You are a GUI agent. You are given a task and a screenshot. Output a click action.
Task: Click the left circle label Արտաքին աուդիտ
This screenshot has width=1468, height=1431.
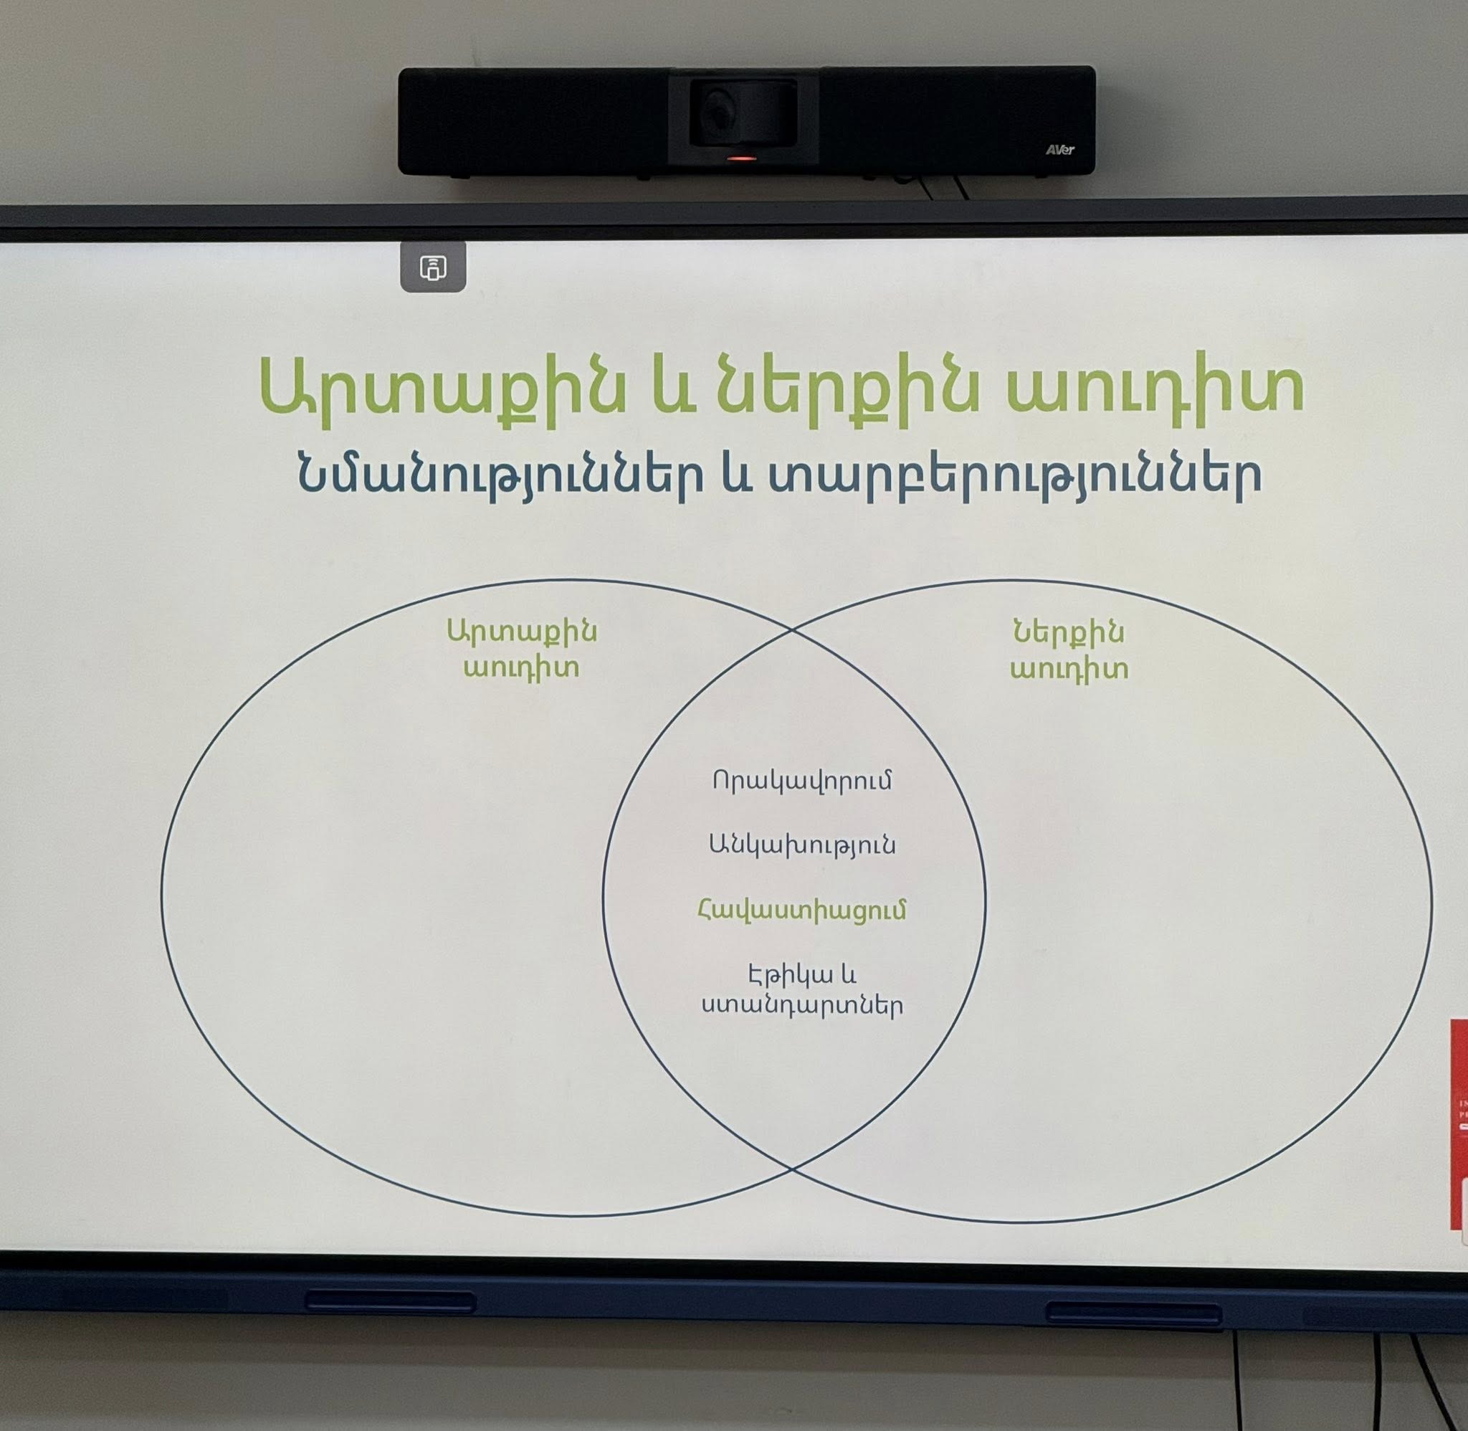522,650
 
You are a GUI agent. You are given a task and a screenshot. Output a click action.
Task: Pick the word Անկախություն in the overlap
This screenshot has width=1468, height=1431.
802,845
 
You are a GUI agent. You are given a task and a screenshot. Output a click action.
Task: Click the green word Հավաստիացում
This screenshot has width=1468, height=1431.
802,911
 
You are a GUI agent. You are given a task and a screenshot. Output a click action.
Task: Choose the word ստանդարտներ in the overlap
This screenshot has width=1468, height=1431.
802,1005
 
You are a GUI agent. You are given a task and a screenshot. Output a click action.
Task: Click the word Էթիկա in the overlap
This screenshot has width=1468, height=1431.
782,976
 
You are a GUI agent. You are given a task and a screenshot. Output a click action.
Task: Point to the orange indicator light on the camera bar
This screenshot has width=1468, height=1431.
740,158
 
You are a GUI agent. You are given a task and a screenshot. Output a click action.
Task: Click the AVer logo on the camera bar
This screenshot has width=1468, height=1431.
1059,150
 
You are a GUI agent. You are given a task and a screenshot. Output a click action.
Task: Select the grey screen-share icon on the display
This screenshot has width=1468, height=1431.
434,267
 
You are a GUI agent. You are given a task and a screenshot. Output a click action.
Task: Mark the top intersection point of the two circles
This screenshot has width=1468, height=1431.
791,629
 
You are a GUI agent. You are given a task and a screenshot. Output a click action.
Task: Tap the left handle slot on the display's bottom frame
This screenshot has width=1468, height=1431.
390,1302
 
